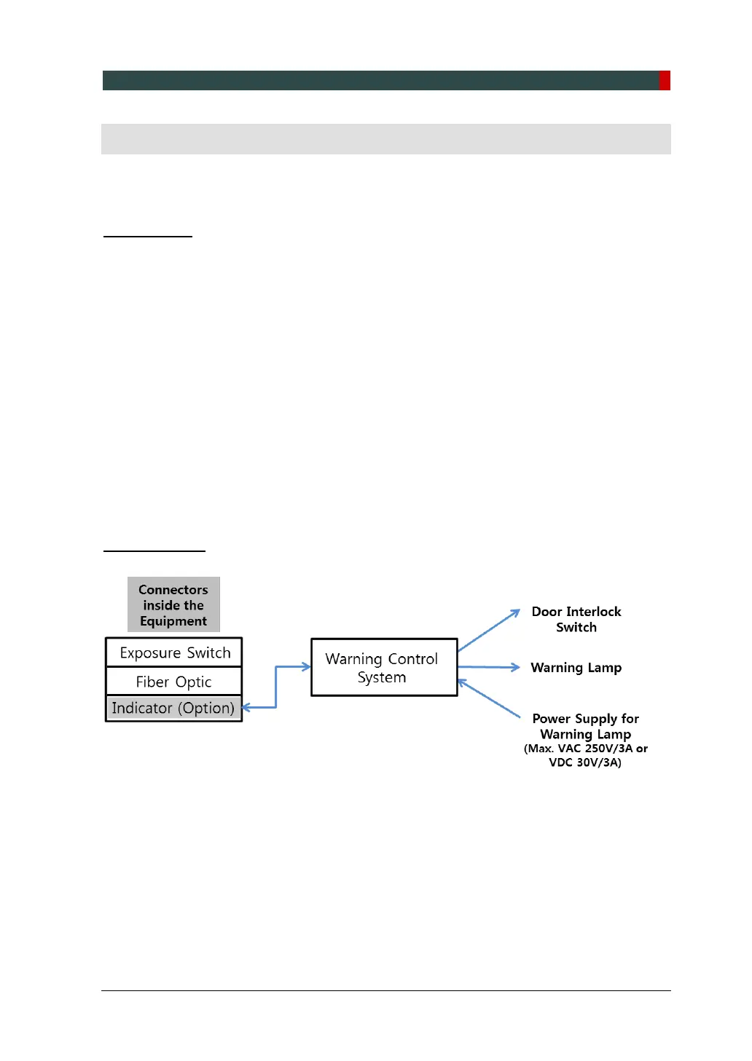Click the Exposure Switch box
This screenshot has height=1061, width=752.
(x=174, y=652)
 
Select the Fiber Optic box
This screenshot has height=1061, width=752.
(x=174, y=682)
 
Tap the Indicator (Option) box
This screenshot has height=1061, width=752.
(x=174, y=708)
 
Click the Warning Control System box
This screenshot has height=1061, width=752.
(x=384, y=667)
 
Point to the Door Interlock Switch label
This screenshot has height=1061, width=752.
(x=576, y=619)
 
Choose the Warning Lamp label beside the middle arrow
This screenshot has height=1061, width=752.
(x=576, y=668)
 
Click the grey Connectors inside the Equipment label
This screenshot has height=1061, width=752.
(x=173, y=605)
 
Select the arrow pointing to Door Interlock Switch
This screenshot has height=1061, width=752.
(x=488, y=631)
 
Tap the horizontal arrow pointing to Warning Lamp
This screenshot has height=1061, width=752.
(x=488, y=667)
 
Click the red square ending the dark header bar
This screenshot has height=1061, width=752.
(x=665, y=80)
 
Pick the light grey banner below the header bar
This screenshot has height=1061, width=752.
(x=385, y=138)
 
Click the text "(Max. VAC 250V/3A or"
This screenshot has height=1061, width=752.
(x=586, y=749)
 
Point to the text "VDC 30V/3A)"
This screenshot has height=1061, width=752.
(x=585, y=762)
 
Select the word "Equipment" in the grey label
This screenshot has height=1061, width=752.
(x=173, y=621)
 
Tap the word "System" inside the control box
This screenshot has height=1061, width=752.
(x=382, y=677)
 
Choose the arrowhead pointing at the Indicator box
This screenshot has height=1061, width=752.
(x=246, y=707)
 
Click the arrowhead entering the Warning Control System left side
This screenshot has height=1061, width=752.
(x=306, y=666)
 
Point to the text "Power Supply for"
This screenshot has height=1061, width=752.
(x=586, y=719)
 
